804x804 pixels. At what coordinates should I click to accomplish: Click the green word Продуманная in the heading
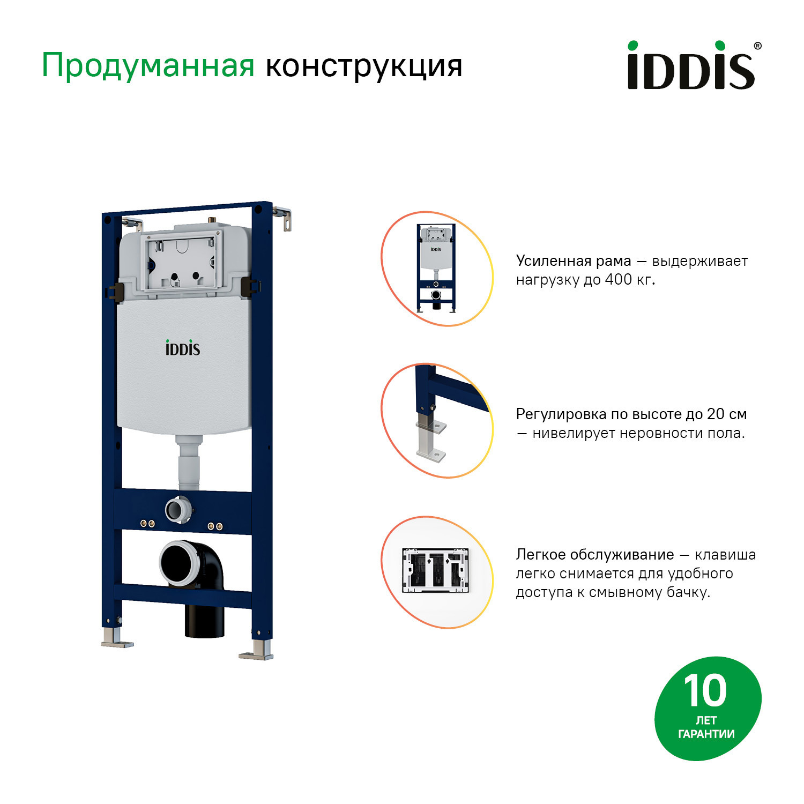coord(148,66)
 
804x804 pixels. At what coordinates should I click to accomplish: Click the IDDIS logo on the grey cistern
coord(182,348)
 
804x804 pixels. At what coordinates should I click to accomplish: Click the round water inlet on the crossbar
coord(177,509)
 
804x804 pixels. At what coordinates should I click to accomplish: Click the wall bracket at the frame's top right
coord(284,218)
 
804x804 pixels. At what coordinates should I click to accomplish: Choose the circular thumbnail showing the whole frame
coord(437,269)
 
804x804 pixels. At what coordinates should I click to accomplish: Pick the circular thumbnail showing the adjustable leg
coord(437,421)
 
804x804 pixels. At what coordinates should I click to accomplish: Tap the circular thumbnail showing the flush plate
coord(437,572)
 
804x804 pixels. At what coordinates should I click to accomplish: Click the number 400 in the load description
coord(619,280)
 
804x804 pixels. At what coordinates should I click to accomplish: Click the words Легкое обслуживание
coord(594,555)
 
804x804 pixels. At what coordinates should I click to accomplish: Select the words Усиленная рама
coord(574,261)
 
